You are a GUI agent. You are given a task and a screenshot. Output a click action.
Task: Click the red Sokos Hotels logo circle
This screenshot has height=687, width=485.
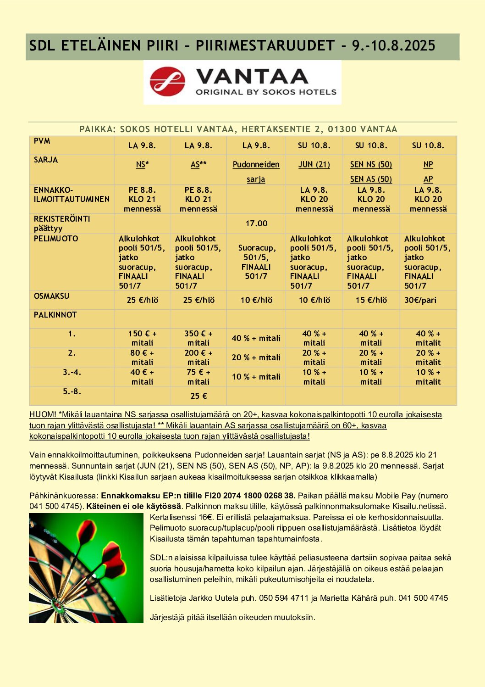pyautogui.click(x=167, y=82)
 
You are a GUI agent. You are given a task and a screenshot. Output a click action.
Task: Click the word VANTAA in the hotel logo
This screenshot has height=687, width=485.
pyautogui.click(x=252, y=76)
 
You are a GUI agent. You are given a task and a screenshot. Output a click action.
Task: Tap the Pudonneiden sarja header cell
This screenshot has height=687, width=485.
pyautogui.click(x=256, y=171)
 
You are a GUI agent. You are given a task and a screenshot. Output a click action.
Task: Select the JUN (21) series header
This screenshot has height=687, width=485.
pyautogui.click(x=314, y=164)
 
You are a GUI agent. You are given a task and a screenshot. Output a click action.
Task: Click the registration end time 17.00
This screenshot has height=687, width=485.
pyautogui.click(x=256, y=223)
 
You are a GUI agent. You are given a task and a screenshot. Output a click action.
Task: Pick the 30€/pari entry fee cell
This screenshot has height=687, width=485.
pyautogui.click(x=420, y=300)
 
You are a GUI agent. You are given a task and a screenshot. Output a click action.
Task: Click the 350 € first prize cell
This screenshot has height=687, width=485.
pyautogui.click(x=198, y=338)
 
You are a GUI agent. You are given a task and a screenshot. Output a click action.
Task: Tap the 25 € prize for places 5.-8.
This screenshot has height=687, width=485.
pyautogui.click(x=198, y=396)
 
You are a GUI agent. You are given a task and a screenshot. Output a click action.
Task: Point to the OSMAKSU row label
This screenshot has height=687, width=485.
pyautogui.click(x=51, y=296)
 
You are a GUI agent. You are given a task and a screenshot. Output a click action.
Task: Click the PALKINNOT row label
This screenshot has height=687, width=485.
pyautogui.click(x=55, y=315)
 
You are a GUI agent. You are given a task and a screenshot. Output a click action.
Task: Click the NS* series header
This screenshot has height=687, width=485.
pyautogui.click(x=142, y=164)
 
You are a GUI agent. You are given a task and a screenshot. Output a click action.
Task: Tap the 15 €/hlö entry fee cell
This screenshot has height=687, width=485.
pyautogui.click(x=371, y=300)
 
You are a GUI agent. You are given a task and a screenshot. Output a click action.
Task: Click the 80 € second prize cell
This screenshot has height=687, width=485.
pyautogui.click(x=142, y=357)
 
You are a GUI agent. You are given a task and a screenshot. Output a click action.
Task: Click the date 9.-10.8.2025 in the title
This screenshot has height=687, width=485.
pyautogui.click(x=393, y=45)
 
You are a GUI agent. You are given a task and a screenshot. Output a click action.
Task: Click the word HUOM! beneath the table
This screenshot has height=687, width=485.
pyautogui.click(x=43, y=414)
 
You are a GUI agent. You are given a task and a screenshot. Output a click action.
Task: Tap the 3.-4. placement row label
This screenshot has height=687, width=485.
pyautogui.click(x=72, y=372)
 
